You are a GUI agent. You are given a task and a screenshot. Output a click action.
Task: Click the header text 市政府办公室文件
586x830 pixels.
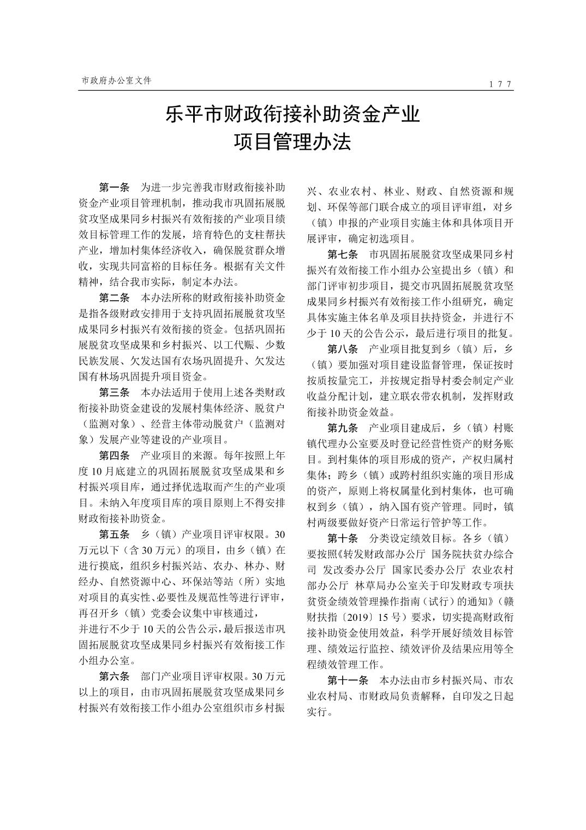coord(117,80)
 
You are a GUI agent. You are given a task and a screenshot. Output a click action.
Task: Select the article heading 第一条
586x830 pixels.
coord(114,188)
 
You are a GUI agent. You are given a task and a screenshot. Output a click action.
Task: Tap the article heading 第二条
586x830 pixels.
coord(114,298)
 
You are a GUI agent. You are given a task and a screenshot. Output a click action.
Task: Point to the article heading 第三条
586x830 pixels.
coord(114,393)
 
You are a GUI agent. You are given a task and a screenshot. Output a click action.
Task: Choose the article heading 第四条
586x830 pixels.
coord(114,455)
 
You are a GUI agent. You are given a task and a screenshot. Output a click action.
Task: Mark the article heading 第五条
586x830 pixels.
coord(114,533)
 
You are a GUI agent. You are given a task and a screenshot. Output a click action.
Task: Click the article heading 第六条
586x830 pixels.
coord(114,677)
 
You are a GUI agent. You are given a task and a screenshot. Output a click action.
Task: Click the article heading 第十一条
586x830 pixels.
coord(348,680)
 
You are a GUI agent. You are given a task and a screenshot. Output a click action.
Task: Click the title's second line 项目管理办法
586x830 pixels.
coord(292,143)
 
